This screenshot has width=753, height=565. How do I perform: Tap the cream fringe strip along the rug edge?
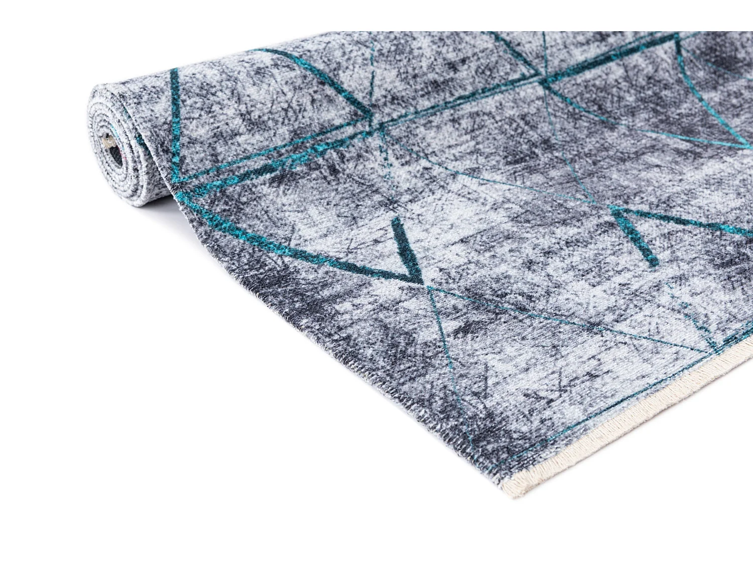(x=627, y=427)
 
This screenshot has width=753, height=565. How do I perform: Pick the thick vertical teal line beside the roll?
(x=175, y=126)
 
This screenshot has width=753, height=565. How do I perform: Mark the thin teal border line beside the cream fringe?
(x=602, y=407)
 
